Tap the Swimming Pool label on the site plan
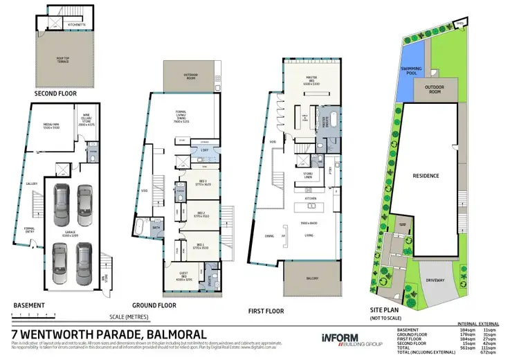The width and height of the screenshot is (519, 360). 413,69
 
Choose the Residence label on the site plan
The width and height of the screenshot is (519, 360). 426,176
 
